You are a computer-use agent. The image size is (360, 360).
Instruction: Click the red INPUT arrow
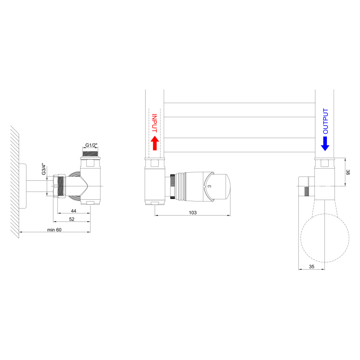click(x=155, y=143)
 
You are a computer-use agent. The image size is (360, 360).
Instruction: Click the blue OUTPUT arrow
click(x=325, y=144)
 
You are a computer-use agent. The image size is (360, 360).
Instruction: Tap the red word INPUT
click(x=155, y=123)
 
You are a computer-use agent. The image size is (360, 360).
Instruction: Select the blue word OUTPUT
click(x=325, y=121)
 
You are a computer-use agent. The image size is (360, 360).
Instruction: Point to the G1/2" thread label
click(x=91, y=145)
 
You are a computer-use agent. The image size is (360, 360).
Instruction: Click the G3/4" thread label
click(x=44, y=169)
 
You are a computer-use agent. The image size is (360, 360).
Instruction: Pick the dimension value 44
click(x=73, y=211)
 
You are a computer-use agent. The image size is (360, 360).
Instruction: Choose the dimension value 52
click(x=72, y=219)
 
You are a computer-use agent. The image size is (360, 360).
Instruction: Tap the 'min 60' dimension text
click(x=54, y=230)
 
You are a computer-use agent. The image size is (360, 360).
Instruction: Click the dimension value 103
click(x=193, y=213)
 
